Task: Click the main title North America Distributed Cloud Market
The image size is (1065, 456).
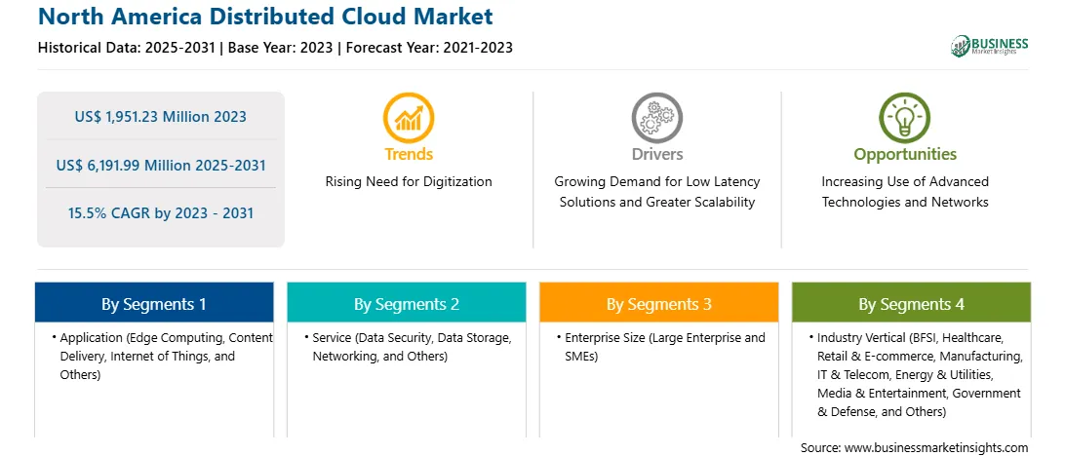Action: [x=265, y=17]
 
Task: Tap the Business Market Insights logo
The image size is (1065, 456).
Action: [x=990, y=46]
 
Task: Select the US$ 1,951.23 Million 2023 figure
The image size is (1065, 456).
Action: [x=160, y=117]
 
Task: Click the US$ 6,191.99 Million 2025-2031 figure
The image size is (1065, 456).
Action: [x=160, y=165]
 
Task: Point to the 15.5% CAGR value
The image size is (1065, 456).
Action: [x=160, y=213]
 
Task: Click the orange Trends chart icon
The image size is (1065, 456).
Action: [x=409, y=118]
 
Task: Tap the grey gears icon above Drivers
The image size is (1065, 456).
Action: [x=656, y=118]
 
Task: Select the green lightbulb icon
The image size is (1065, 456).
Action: [x=905, y=118]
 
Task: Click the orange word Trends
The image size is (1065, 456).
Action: [x=409, y=154]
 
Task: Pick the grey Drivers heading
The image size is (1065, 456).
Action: [x=656, y=154]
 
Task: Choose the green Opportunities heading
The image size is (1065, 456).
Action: [x=905, y=155]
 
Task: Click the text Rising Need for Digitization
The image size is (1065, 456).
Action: [x=409, y=182]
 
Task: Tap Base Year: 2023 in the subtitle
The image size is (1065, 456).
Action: [x=281, y=48]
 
